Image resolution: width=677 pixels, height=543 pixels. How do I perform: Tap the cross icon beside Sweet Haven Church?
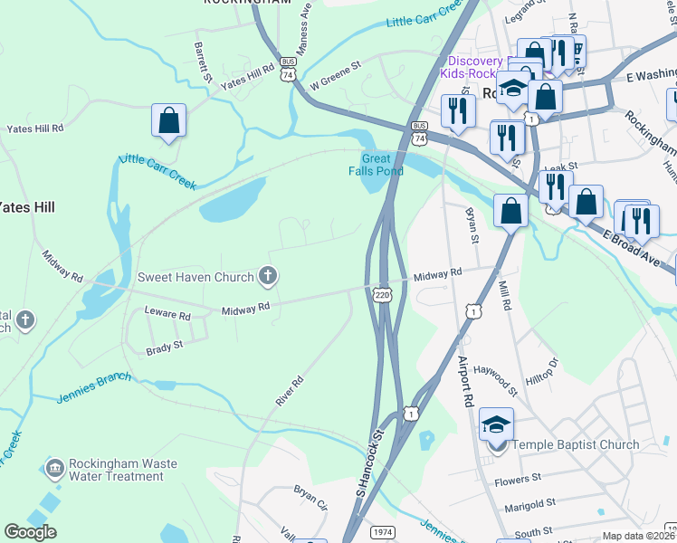click(x=266, y=274)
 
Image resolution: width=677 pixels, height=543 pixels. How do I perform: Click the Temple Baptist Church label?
click(x=576, y=444)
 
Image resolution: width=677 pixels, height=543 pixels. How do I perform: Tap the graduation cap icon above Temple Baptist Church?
click(x=497, y=424)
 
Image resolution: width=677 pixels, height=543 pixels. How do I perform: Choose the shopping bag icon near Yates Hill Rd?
click(x=169, y=119)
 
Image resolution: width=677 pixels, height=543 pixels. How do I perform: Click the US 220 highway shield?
click(x=384, y=294)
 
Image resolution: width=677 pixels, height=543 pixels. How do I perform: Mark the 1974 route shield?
click(x=383, y=532)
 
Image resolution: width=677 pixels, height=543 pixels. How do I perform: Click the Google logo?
click(x=30, y=532)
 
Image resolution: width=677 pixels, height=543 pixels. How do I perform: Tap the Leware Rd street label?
click(x=167, y=316)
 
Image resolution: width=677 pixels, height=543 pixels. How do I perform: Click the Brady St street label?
click(x=165, y=345)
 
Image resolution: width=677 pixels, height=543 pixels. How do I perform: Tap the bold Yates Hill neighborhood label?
click(x=27, y=207)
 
